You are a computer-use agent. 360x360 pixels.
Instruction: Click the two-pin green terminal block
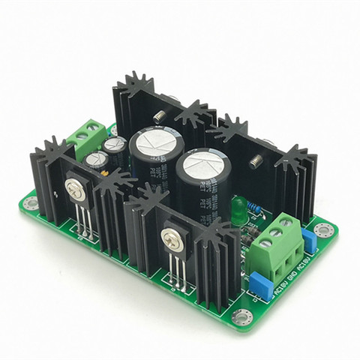87,136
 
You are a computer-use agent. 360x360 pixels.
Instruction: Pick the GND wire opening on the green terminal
286,255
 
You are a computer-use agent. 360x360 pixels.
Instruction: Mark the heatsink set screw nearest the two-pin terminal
160,117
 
